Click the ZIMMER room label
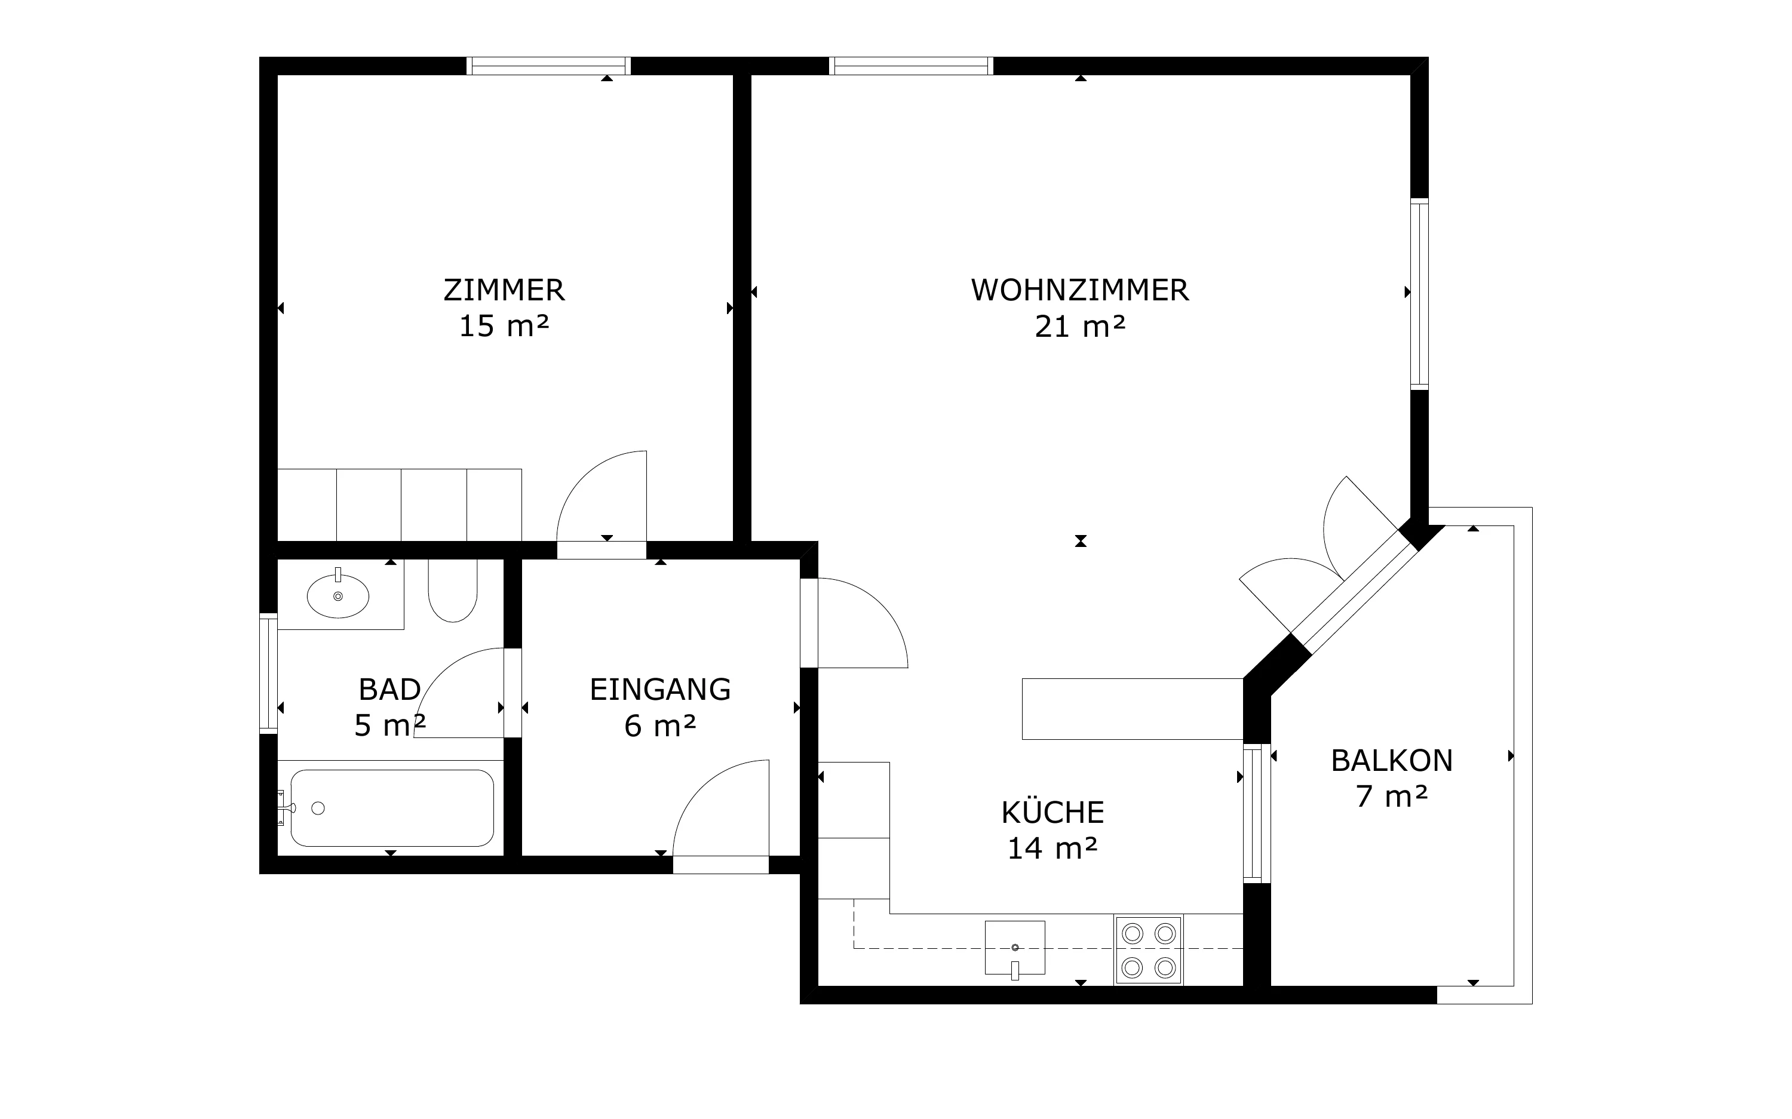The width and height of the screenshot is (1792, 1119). (504, 290)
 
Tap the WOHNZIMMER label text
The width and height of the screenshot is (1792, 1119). (1080, 290)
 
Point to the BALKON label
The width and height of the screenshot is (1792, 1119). (1392, 761)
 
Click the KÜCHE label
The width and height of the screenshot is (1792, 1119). (1053, 812)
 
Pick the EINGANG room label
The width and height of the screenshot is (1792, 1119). (660, 690)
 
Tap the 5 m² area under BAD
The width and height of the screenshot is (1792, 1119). (389, 725)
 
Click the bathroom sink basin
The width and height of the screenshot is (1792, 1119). (338, 596)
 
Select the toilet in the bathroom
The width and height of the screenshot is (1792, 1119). (453, 591)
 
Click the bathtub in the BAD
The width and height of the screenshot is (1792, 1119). (392, 808)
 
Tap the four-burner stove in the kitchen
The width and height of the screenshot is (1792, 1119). (1149, 950)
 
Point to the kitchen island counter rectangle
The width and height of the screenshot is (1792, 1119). (1133, 709)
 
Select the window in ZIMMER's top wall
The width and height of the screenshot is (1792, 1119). (548, 66)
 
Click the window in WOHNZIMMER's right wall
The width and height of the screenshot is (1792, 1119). (1419, 294)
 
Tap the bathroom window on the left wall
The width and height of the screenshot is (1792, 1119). (268, 674)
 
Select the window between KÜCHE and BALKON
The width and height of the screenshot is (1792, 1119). (1256, 813)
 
